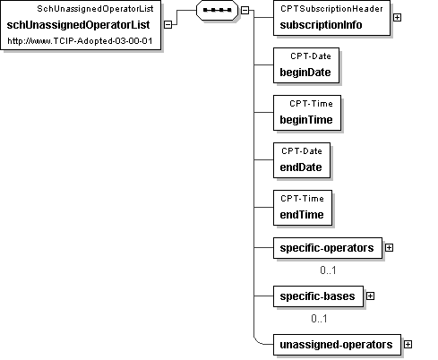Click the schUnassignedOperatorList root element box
[81, 25]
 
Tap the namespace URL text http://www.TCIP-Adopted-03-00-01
[80, 41]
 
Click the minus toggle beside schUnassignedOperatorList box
[168, 25]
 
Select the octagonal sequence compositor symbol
[217, 10]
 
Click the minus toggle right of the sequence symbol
[245, 10]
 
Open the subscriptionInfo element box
[331, 18]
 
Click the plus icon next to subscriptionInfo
[397, 18]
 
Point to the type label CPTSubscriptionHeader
[331, 9]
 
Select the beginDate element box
[306, 65]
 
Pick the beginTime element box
[307, 113]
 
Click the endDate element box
[302, 160]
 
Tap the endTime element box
[303, 208]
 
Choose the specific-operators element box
[328, 248]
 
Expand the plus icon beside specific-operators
[389, 248]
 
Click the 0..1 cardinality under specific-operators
[328, 270]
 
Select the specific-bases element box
[319, 296]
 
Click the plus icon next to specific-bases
[370, 296]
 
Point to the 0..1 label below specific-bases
[319, 319]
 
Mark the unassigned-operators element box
[337, 345]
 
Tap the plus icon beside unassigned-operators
[408, 345]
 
